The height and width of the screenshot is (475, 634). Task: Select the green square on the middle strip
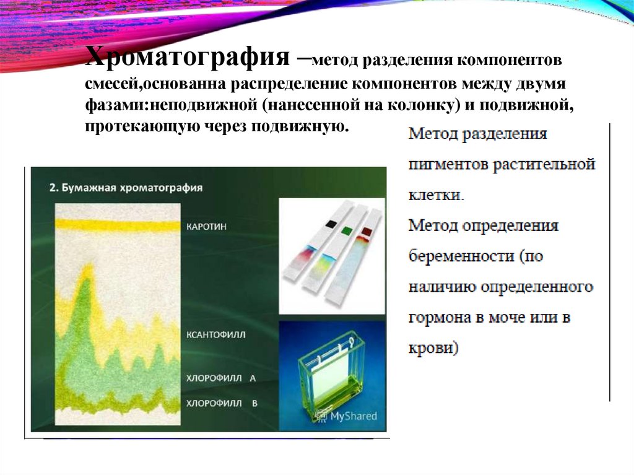tap(346, 231)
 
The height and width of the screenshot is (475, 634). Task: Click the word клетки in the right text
tap(435, 195)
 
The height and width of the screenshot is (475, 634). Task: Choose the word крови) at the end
tap(434, 348)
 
